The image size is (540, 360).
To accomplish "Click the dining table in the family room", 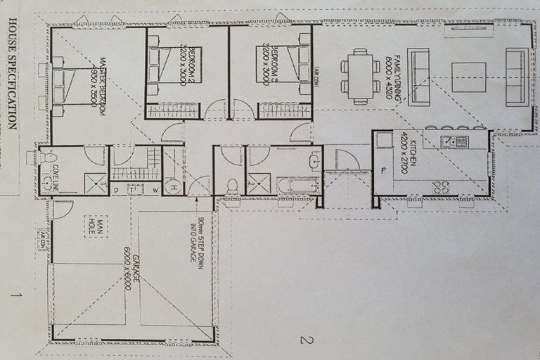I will click(x=360, y=76).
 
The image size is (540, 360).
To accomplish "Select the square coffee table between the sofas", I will click(x=468, y=77).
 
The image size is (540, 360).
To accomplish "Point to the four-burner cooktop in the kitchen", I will click(x=441, y=187).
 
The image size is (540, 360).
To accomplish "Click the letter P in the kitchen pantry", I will click(x=383, y=171).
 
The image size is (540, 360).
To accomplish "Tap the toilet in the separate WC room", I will click(x=231, y=186).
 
